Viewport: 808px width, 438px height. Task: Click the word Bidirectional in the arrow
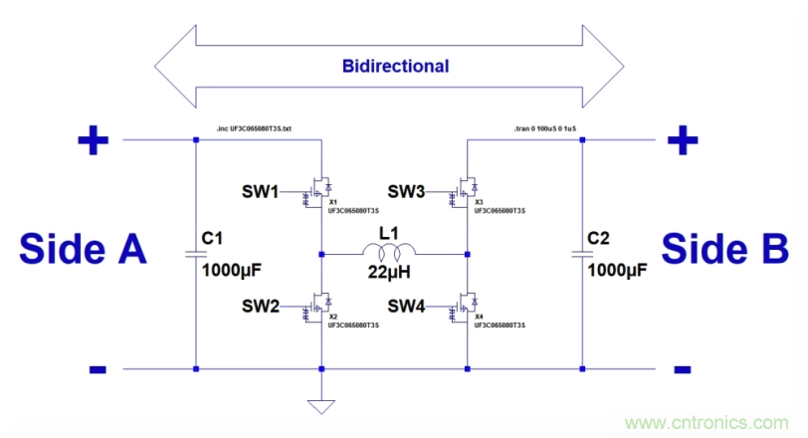click(395, 68)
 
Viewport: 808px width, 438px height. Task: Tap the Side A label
click(84, 249)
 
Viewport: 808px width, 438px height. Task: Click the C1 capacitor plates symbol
click(195, 254)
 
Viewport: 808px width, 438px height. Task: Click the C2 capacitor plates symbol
click(583, 254)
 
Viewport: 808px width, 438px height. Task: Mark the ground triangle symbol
click(320, 405)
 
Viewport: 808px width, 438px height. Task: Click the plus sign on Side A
click(94, 141)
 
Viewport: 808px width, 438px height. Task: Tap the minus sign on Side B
click(682, 370)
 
